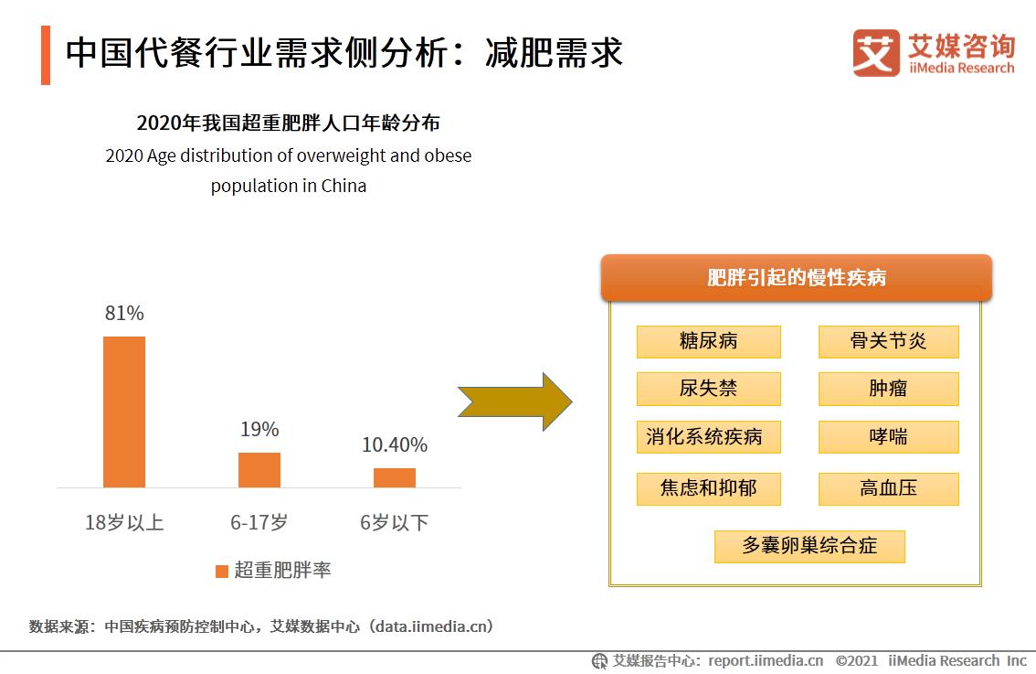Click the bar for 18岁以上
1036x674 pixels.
tap(124, 412)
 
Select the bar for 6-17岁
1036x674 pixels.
tap(259, 470)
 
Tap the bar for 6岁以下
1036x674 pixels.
tap(395, 477)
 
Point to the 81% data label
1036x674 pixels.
tap(124, 313)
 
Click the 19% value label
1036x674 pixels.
tap(259, 429)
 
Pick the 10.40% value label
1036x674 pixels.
tap(395, 445)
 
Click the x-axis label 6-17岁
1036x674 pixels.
tap(259, 523)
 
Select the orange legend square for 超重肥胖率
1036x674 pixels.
tap(222, 571)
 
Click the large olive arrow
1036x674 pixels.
tap(514, 401)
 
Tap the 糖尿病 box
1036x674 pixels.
tap(709, 341)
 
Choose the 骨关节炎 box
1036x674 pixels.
tap(888, 341)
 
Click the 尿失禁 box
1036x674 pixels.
tap(709, 389)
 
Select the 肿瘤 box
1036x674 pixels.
tap(888, 389)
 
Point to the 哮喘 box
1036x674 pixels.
tap(888, 437)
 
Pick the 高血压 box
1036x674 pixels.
tap(888, 488)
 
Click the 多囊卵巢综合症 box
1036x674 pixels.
tap(809, 546)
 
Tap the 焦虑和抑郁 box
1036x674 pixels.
tap(709, 488)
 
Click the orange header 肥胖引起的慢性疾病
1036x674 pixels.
tap(796, 278)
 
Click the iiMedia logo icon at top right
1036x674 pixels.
tap(876, 52)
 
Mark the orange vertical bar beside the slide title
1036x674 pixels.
tap(46, 55)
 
